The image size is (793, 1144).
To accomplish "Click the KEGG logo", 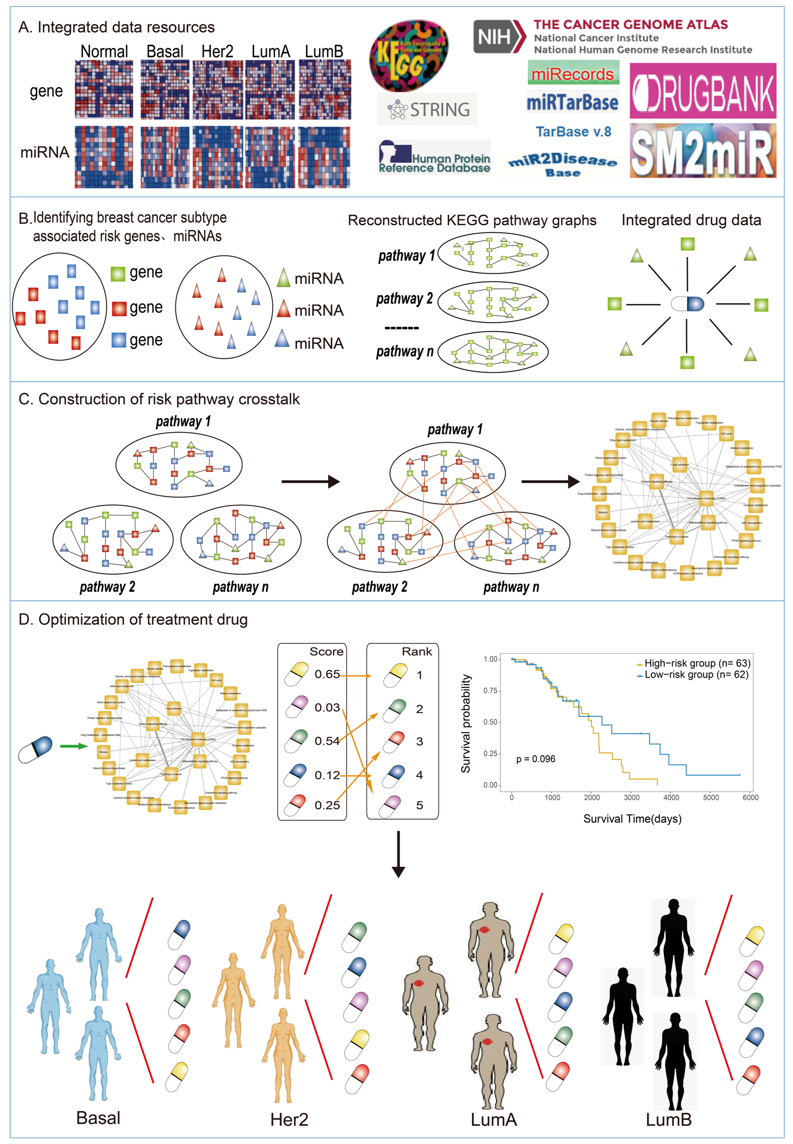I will tap(409, 55).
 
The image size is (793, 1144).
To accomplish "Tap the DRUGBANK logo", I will tap(703, 91).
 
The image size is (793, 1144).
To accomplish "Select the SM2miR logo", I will tap(703, 151).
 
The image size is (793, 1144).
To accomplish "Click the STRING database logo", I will tap(427, 109).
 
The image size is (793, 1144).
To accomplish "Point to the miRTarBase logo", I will tap(572, 102).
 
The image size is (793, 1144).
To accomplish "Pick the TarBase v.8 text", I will tap(573, 132).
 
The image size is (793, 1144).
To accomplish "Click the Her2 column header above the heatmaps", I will tap(217, 52).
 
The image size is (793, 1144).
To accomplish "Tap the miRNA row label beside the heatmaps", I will tap(45, 153).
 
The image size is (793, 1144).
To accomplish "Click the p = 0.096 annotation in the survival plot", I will tap(535, 759).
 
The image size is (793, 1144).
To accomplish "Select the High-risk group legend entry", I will tap(694, 663).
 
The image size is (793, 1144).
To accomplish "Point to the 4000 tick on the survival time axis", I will tap(671, 798).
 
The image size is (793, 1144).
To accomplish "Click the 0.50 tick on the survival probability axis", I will tap(490, 722).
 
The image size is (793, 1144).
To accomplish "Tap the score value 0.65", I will tap(327, 675).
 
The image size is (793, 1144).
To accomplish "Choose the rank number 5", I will tap(419, 805).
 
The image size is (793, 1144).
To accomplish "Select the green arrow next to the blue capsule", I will tap(73, 746).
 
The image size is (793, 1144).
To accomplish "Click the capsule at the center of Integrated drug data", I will tap(687, 304).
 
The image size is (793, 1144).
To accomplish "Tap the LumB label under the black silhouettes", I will tap(668, 1120).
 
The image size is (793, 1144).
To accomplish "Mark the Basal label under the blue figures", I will tap(98, 1118).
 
